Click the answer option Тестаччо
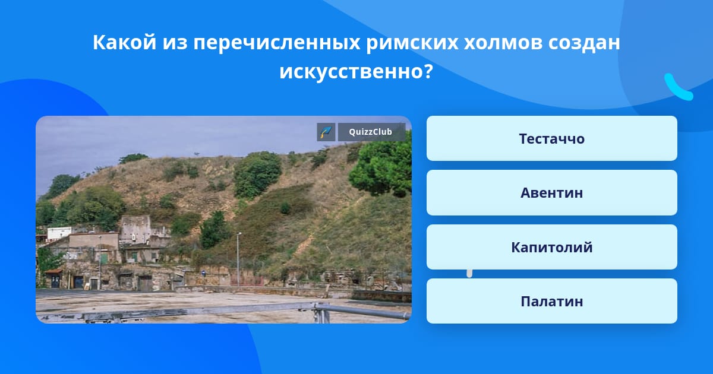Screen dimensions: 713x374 click(x=551, y=138)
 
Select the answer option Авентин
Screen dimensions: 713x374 click(x=551, y=193)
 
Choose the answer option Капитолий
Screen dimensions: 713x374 click(x=551, y=247)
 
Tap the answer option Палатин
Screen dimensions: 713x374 click(x=551, y=301)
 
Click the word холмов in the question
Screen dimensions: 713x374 click(x=503, y=42)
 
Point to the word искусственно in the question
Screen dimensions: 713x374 click(x=351, y=71)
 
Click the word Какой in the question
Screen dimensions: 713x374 click(x=124, y=42)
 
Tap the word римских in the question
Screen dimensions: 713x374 click(x=412, y=43)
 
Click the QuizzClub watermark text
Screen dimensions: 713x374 click(x=371, y=132)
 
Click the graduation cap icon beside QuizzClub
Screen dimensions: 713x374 click(x=326, y=132)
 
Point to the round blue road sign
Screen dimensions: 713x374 click(x=204, y=272)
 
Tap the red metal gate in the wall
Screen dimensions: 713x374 click(x=247, y=279)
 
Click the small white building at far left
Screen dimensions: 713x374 click(x=59, y=233)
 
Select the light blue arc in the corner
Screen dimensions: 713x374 click(x=677, y=87)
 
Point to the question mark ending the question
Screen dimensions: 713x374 click(x=428, y=71)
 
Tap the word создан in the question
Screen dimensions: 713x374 click(x=583, y=43)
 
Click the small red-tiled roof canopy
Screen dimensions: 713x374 click(x=53, y=271)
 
